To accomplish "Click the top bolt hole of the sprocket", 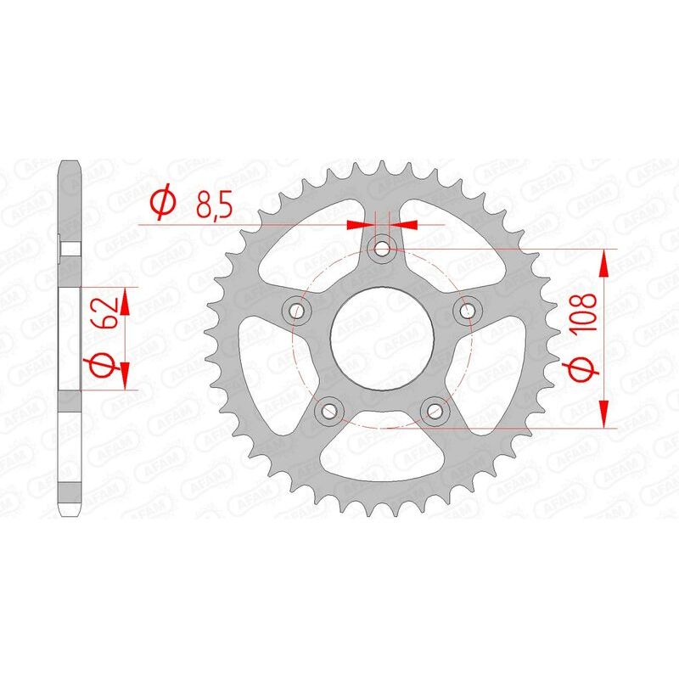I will (x=382, y=248).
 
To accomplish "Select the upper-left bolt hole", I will (x=297, y=310).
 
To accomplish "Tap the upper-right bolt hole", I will (x=466, y=310).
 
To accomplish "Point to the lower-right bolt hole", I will (x=435, y=410).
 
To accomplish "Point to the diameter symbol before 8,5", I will (x=163, y=204).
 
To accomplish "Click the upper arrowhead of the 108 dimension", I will (x=605, y=263).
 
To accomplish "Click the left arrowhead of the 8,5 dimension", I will (x=360, y=225).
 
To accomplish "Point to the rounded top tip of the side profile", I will (x=70, y=163).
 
